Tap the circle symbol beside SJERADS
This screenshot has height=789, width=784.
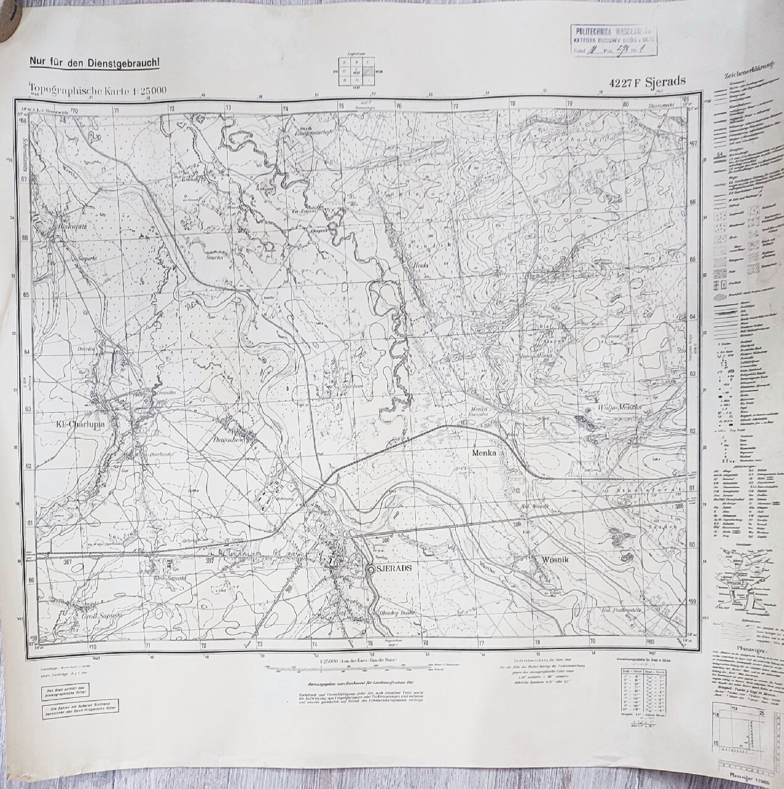pos(371,570)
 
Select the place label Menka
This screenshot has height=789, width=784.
pos(484,452)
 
